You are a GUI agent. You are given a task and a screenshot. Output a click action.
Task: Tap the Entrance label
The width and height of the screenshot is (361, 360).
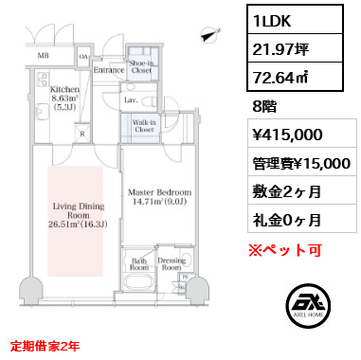tap(110, 69)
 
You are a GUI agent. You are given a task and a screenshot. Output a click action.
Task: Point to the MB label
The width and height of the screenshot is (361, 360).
tap(43, 55)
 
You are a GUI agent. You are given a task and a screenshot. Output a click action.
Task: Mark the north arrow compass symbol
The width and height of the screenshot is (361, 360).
tap(208, 35)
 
